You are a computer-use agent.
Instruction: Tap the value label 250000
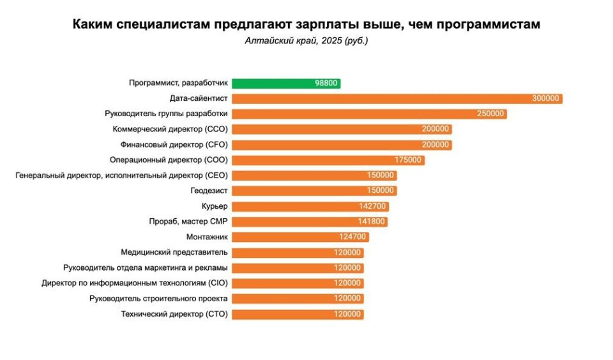490,114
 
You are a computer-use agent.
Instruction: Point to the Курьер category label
214,206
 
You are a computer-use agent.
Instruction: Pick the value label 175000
408,160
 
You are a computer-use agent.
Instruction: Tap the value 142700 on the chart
372,206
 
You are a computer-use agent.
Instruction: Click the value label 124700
353,237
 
